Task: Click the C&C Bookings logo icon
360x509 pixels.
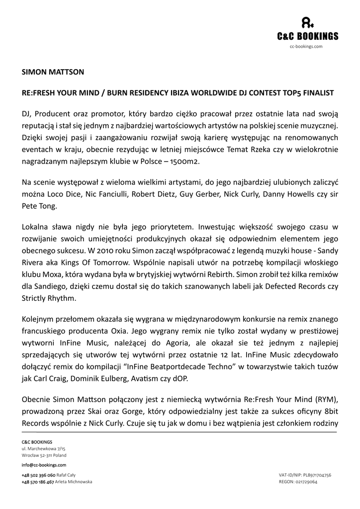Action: point(307,23)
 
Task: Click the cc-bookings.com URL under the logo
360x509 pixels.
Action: point(306,46)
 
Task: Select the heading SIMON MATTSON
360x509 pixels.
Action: point(53,72)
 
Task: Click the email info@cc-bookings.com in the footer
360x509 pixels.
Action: point(44,465)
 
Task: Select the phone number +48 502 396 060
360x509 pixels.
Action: point(38,475)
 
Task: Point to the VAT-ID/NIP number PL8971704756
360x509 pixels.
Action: point(316,475)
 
